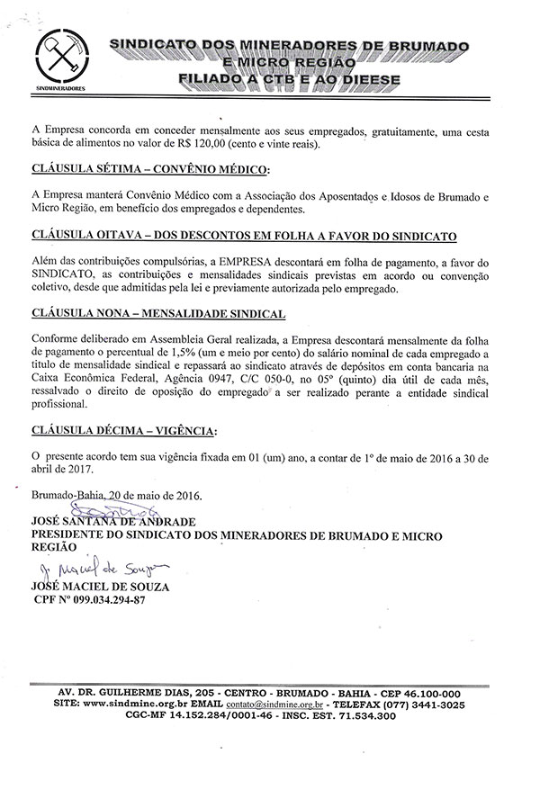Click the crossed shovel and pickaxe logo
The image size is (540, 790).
60,58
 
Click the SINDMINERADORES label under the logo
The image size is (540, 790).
60,90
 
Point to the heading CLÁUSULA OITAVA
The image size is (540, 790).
92,235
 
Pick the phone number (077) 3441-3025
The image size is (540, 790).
423,705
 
